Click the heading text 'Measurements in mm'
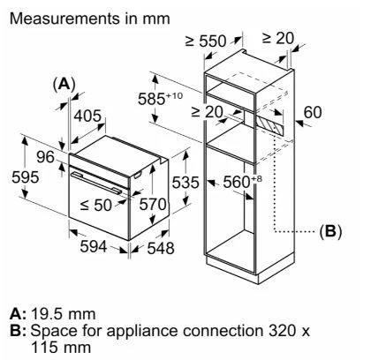click(x=79, y=17)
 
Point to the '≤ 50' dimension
click(x=102, y=205)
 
